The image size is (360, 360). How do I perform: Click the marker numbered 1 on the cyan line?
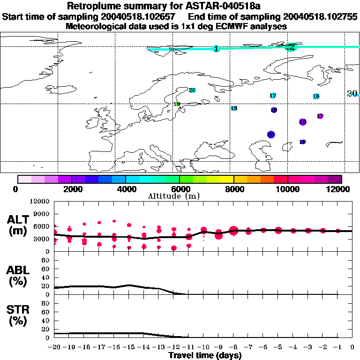coord(216,49)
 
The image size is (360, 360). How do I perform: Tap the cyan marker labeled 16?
coord(316,97)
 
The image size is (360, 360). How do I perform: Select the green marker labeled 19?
coord(177,104)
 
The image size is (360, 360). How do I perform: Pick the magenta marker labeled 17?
coord(320,116)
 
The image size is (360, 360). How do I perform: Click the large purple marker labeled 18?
coord(303,122)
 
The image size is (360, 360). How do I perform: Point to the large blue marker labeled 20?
coord(271,135)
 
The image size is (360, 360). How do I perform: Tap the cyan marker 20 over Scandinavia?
coord(192,90)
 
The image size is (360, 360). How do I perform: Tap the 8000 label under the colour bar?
coord(233,189)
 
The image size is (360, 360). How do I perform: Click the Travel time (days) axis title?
coord(205,356)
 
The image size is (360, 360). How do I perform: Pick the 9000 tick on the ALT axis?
coord(42,214)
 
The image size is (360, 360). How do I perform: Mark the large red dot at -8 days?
coord(234,230)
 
